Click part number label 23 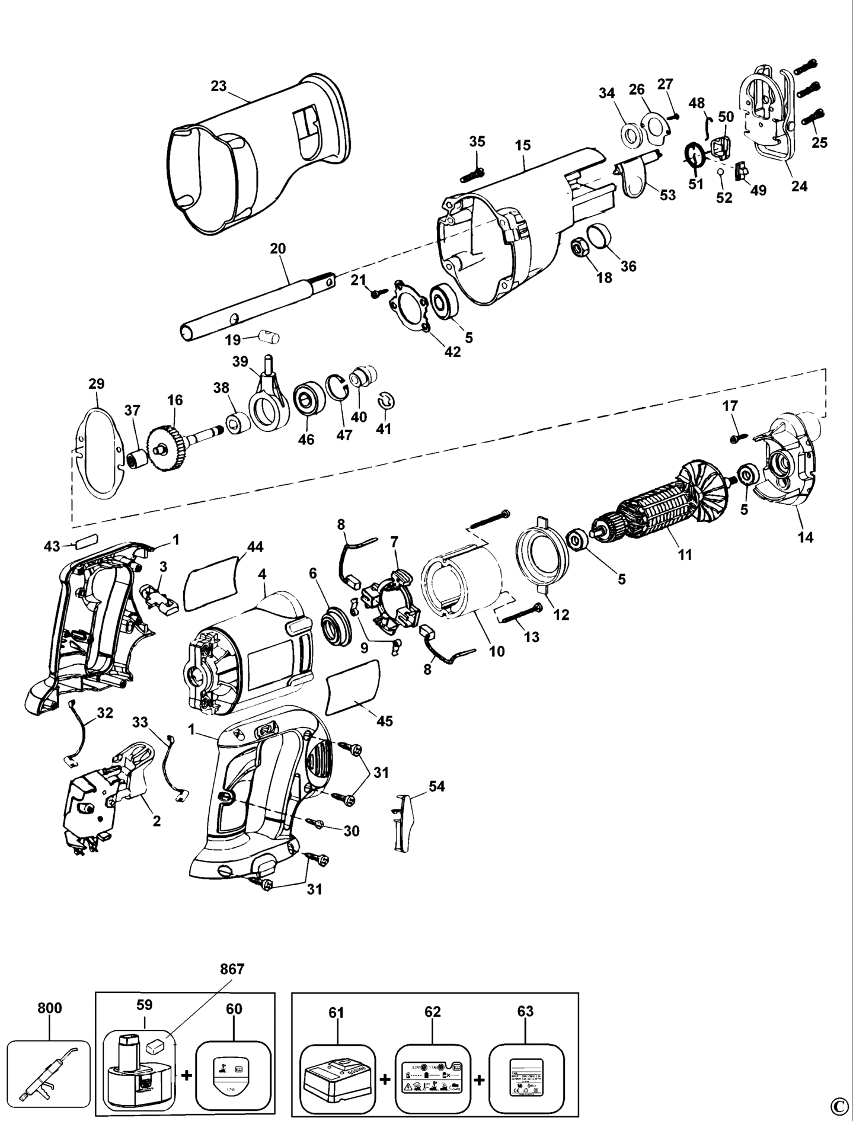[218, 86]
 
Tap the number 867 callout [232, 970]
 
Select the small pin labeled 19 [270, 339]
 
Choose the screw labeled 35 [474, 172]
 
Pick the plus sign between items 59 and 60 [186, 1075]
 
